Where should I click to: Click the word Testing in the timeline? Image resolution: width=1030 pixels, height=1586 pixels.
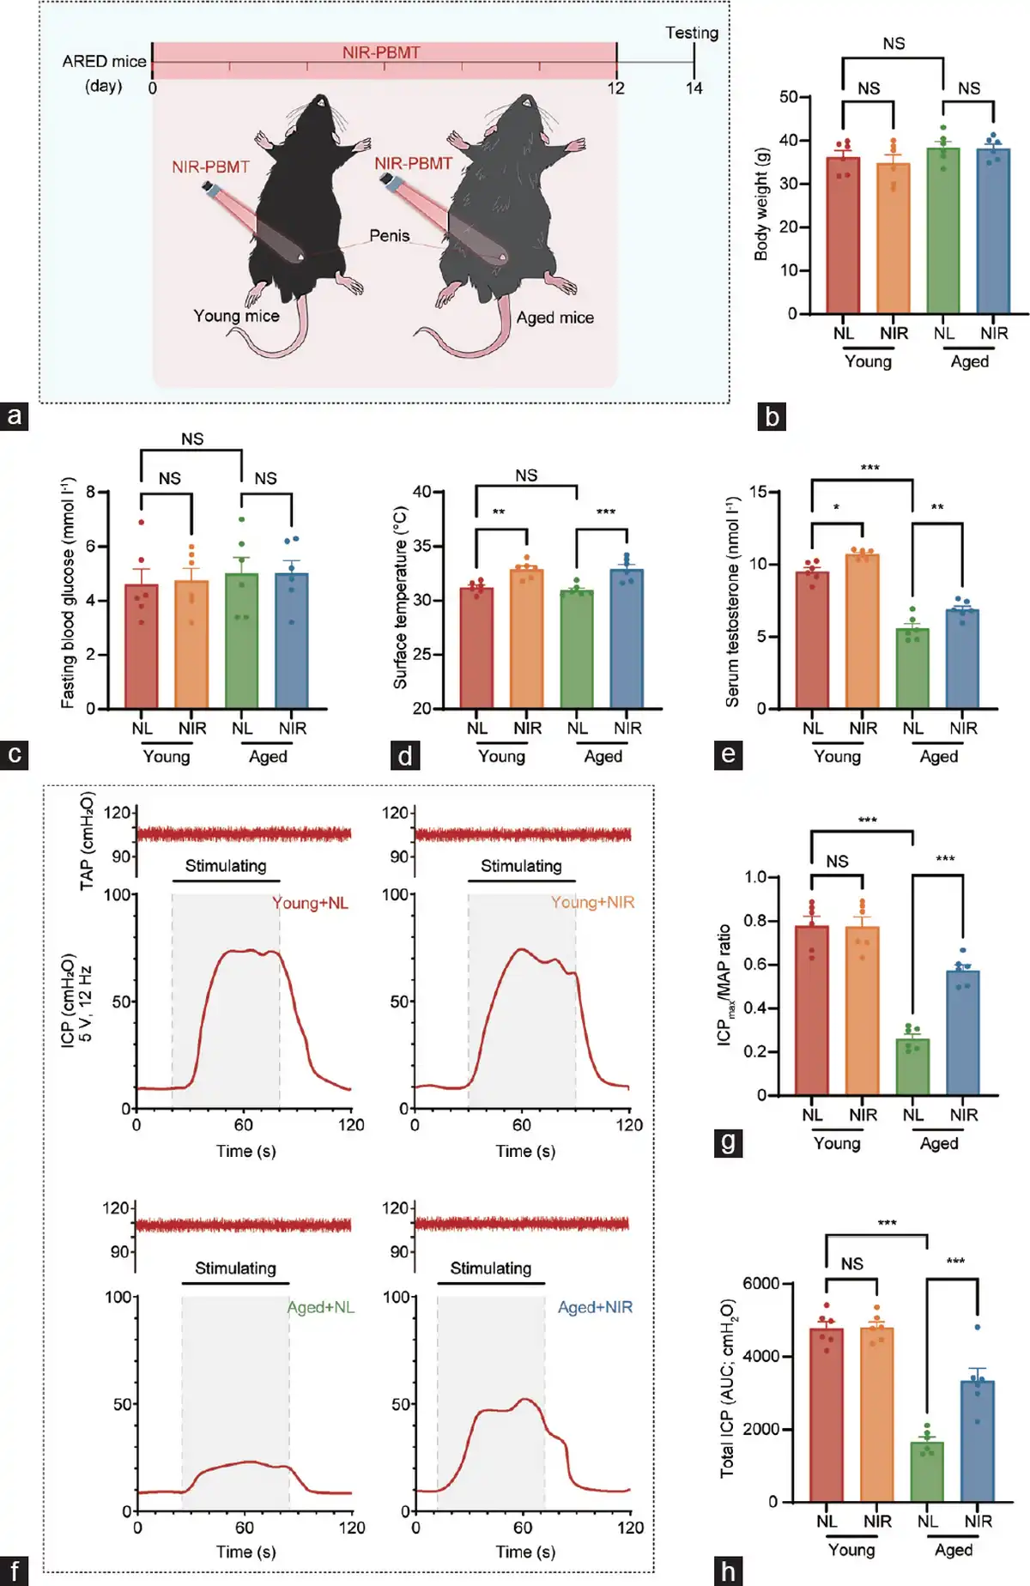coord(691,33)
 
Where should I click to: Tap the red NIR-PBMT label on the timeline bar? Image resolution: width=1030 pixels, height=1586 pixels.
coord(381,52)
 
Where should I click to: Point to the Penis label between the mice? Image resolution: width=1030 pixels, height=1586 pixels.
coord(389,235)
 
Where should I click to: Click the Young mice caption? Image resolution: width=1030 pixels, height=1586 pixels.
coord(236,316)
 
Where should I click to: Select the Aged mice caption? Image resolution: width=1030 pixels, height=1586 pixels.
coord(554,318)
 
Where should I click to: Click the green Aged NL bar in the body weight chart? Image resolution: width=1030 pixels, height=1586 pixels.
coord(943,232)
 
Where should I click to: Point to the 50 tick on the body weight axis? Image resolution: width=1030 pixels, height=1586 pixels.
coord(789,97)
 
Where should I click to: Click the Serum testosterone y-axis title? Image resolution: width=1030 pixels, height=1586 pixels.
coord(732,601)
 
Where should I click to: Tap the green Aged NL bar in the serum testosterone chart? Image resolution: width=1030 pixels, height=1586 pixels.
coord(912,669)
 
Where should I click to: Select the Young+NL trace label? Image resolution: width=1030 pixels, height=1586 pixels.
coord(310,903)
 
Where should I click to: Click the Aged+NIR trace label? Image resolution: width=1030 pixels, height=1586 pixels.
coord(595,1307)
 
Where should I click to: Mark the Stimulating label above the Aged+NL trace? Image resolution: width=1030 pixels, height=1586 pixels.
coord(235,1268)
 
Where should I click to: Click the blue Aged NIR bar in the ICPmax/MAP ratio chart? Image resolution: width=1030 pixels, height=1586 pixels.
coord(963,1033)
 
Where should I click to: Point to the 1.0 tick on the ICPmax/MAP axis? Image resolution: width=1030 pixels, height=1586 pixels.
coord(755,877)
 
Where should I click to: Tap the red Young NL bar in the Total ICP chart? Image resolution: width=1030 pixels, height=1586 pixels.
coord(827,1416)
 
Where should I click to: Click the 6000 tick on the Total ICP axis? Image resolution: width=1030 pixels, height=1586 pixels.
coord(760,1284)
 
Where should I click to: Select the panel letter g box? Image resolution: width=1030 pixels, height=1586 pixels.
coord(728,1142)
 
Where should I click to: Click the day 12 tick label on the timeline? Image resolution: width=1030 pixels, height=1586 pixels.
coord(616,88)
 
